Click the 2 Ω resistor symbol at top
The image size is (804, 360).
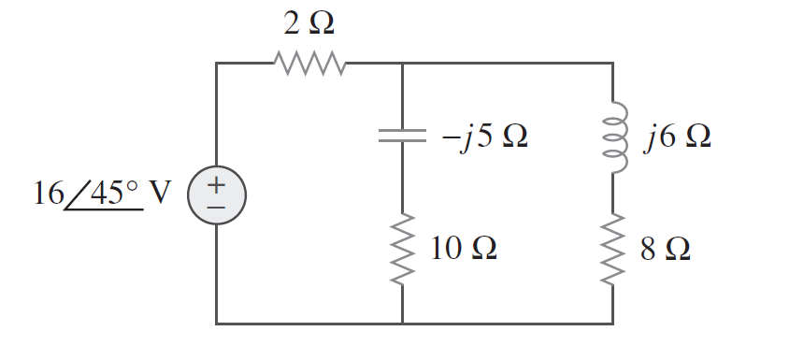(x=309, y=64)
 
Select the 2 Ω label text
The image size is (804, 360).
(x=309, y=23)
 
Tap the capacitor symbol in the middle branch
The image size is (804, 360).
(x=402, y=136)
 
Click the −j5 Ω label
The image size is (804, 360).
(x=484, y=137)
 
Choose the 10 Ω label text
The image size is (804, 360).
(x=463, y=249)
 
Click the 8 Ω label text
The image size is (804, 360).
(x=666, y=249)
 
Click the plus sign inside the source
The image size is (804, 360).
(x=216, y=184)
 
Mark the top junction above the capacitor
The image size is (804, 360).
(x=402, y=64)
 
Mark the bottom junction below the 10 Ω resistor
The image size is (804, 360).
(x=402, y=324)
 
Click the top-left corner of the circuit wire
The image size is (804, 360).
(x=216, y=64)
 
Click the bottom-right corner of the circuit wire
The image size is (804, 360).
(x=613, y=324)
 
